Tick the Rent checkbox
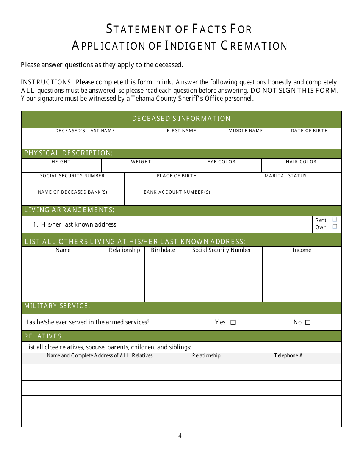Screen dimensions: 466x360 click(x=335, y=219)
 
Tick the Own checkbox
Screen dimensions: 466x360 click(x=335, y=227)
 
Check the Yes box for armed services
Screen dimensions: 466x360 click(x=233, y=322)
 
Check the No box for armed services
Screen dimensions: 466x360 click(x=308, y=322)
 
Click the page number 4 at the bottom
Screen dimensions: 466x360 click(x=180, y=436)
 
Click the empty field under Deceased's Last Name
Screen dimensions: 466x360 click(x=86, y=142)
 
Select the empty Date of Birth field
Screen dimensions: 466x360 click(x=310, y=142)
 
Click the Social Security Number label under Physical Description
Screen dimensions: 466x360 click(x=72, y=176)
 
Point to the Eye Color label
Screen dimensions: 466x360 click(x=221, y=162)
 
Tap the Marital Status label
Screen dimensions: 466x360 click(x=285, y=176)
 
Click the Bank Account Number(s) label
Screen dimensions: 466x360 click(x=177, y=192)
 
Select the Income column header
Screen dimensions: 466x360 click(x=302, y=250)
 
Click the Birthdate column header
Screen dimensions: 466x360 click(x=163, y=250)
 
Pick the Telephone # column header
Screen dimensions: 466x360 click(x=288, y=355)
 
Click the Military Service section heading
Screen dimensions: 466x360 click(x=57, y=306)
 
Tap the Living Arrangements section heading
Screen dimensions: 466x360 click(x=69, y=210)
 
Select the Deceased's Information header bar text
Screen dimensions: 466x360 click(x=181, y=119)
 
